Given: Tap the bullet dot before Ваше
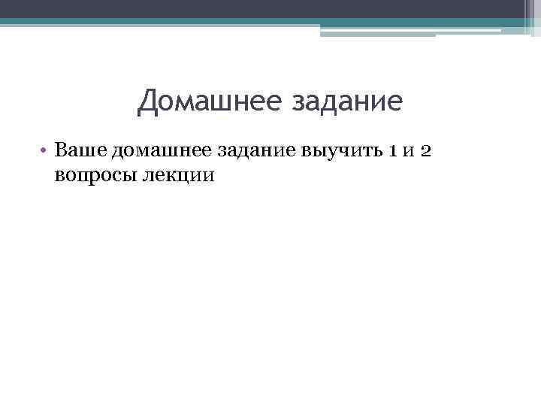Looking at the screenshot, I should pyautogui.click(x=46, y=151).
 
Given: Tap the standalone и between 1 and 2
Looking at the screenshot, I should pyautogui.click(x=407, y=151).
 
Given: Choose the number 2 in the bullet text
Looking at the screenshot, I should pyautogui.click(x=425, y=151).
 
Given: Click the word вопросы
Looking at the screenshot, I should pyautogui.click(x=94, y=175).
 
